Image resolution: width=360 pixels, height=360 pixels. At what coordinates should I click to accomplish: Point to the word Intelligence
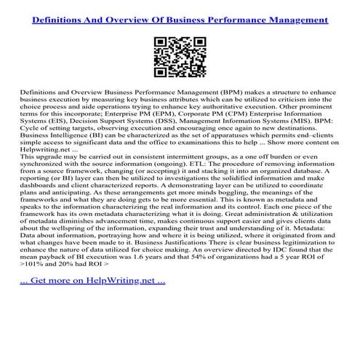pos(73,161)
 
